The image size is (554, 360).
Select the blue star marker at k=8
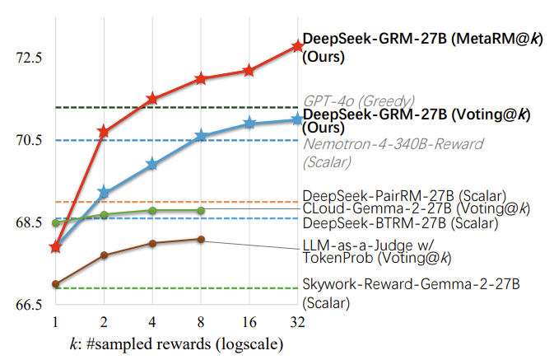(x=201, y=136)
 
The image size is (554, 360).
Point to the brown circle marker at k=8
(x=201, y=239)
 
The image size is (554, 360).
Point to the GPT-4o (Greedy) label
(x=358, y=101)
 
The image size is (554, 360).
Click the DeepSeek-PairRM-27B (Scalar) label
(x=403, y=196)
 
